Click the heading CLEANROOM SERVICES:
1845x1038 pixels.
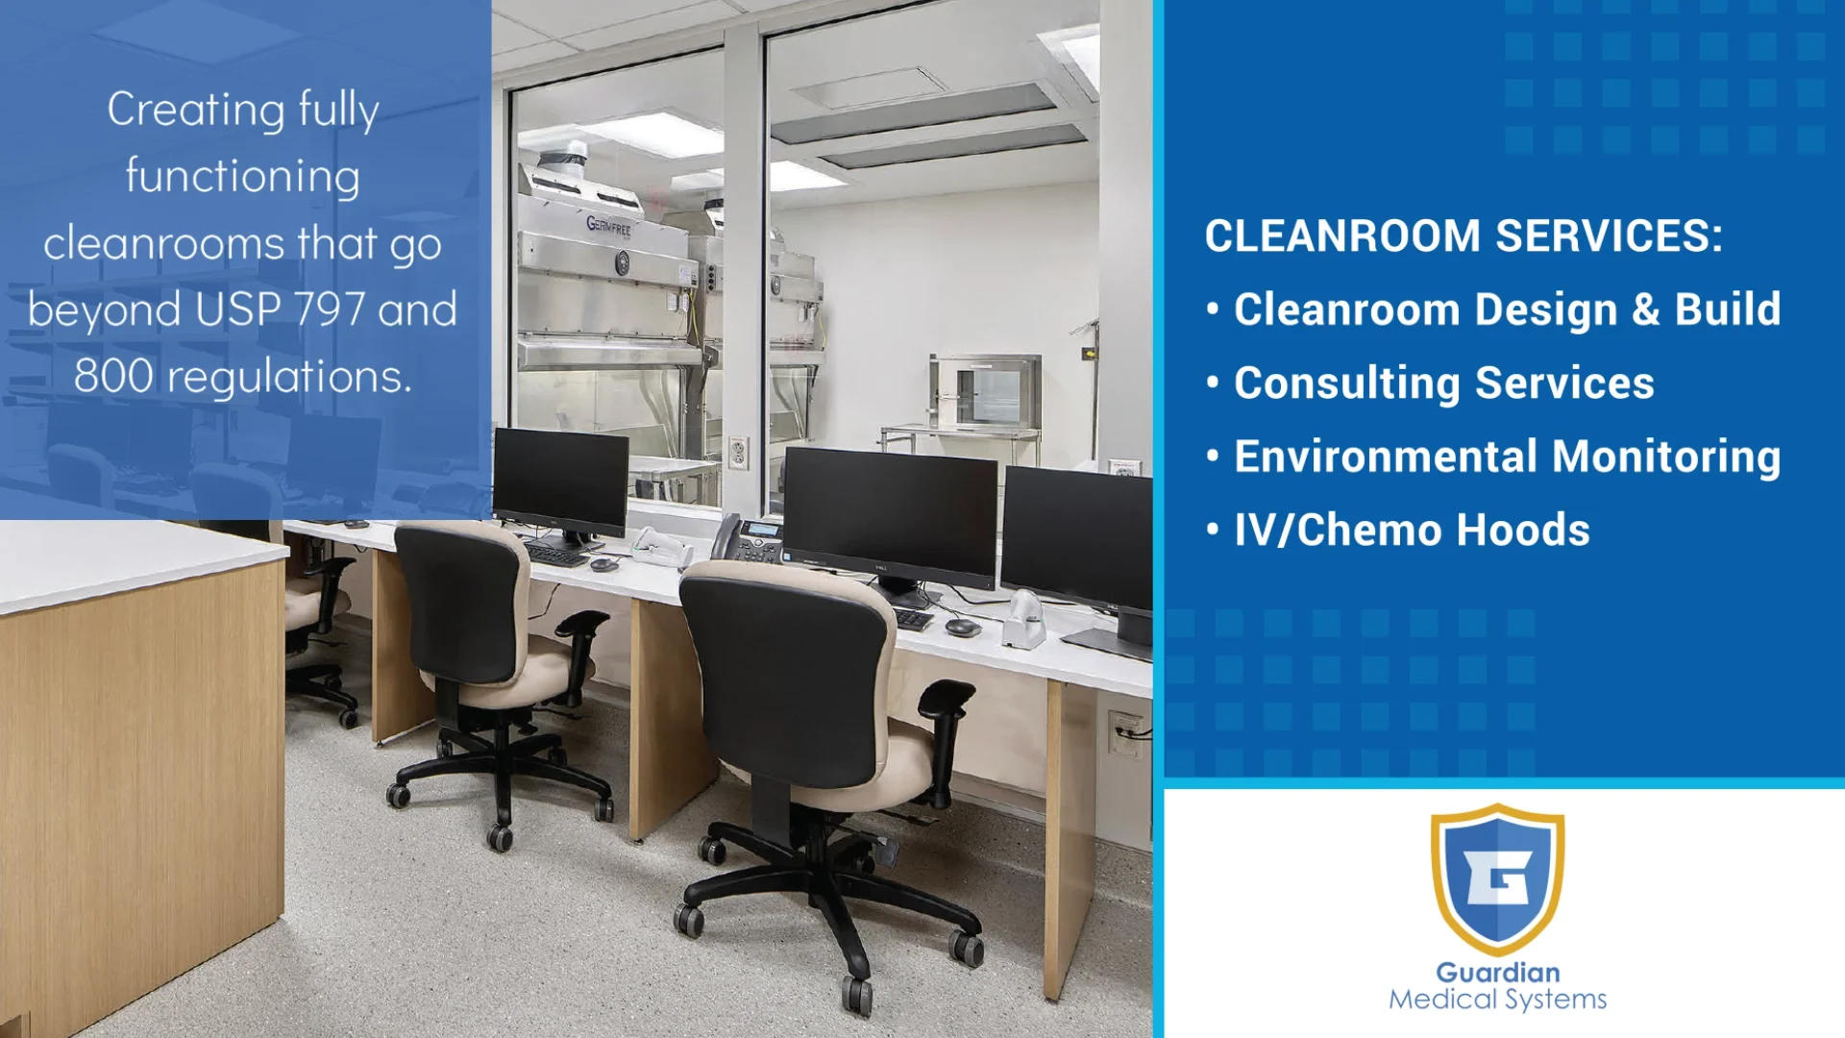(1463, 236)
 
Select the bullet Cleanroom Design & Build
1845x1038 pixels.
(1507, 309)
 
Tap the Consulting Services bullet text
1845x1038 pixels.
(1443, 383)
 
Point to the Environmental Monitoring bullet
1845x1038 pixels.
(1507, 457)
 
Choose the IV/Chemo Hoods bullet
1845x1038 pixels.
(1411, 530)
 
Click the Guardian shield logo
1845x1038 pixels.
(1496, 878)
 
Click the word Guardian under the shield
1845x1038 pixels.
(1497, 972)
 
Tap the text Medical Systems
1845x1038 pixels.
(1497, 1000)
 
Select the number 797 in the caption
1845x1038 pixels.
(329, 309)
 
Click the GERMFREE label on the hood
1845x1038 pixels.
(609, 227)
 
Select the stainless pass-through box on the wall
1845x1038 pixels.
(986, 392)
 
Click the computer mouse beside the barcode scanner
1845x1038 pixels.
(962, 628)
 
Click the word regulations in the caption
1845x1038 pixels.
(288, 377)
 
